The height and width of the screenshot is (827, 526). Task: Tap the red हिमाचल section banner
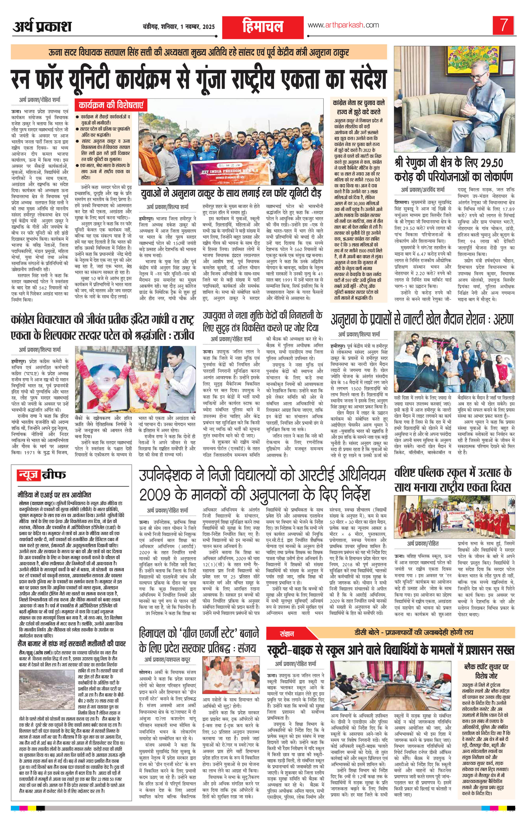263,27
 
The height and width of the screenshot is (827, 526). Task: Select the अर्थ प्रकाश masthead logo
42,27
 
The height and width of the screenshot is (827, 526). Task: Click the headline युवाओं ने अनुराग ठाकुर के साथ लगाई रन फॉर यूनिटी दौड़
232,192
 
